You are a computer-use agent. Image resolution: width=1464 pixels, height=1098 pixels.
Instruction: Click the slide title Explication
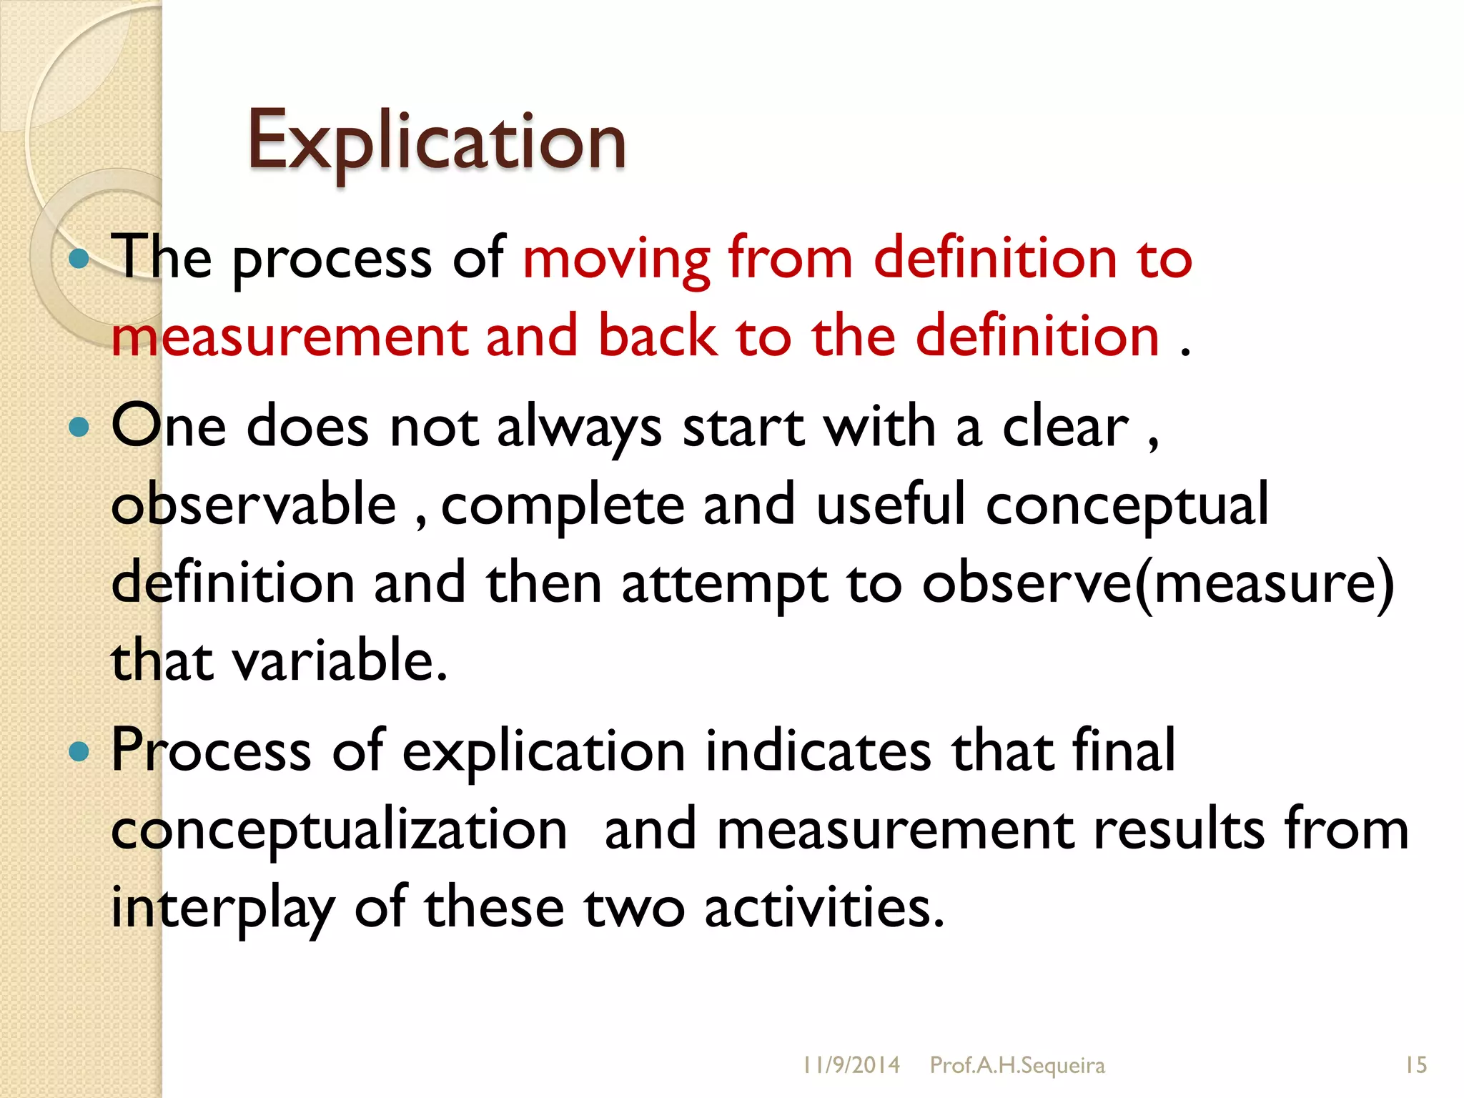[436, 142]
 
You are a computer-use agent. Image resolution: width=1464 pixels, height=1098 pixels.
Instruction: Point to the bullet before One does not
[79, 427]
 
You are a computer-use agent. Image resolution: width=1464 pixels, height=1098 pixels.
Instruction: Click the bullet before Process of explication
[79, 751]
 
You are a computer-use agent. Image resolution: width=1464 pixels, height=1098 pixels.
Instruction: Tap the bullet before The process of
[79, 259]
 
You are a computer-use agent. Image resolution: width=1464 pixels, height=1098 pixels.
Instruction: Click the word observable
[254, 505]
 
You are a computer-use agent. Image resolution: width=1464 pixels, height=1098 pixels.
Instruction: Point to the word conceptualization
[340, 831]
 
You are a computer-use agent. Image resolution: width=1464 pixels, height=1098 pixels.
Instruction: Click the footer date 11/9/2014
[851, 1066]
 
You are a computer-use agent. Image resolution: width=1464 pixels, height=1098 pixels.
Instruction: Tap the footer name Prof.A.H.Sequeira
[1017, 1066]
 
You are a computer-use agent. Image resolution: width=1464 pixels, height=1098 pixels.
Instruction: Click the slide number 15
[1415, 1066]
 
